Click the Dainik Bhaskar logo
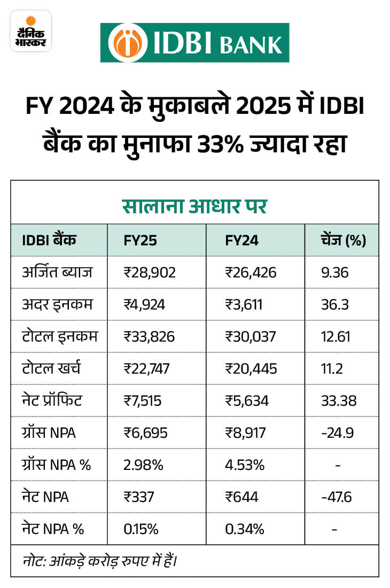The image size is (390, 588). pyautogui.click(x=30, y=32)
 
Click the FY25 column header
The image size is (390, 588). pyautogui.click(x=140, y=240)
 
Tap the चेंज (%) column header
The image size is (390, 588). pyautogui.click(x=341, y=240)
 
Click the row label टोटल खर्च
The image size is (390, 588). pyautogui.click(x=51, y=369)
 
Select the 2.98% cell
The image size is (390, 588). pyautogui.click(x=143, y=465)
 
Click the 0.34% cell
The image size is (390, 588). pyautogui.click(x=245, y=529)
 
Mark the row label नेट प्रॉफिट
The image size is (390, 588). pyautogui.click(x=53, y=401)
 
